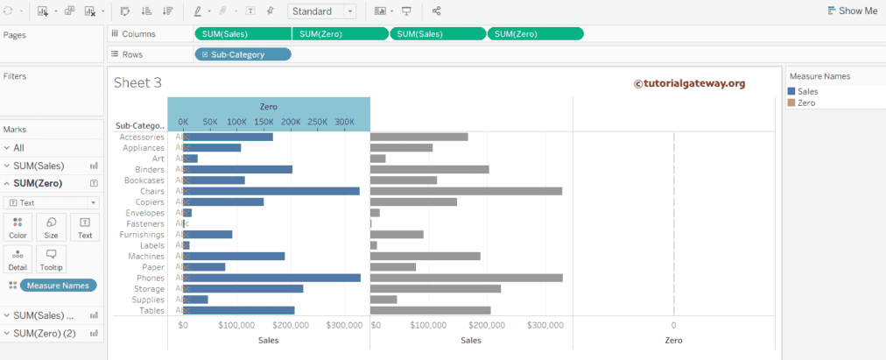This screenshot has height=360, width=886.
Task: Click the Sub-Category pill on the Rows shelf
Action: (243, 54)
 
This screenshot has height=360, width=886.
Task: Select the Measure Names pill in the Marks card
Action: (60, 286)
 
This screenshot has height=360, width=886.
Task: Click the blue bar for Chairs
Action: (271, 191)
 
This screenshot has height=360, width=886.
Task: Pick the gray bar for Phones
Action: (466, 278)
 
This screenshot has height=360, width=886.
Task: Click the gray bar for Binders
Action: (429, 169)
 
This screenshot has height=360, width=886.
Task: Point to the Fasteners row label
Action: (144, 223)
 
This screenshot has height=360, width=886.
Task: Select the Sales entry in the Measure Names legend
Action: (807, 90)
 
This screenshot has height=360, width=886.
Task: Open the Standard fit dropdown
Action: (320, 11)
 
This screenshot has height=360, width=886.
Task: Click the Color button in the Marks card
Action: (18, 227)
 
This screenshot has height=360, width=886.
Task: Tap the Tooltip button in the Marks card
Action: (51, 258)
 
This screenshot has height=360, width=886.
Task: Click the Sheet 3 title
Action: (137, 82)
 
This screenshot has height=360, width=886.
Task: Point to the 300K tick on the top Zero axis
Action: (344, 122)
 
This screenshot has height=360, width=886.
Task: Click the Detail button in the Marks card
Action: (18, 258)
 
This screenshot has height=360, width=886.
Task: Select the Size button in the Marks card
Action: (51, 227)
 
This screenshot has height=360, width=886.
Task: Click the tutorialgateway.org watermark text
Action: (689, 83)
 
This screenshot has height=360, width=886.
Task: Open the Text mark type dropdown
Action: (52, 202)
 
